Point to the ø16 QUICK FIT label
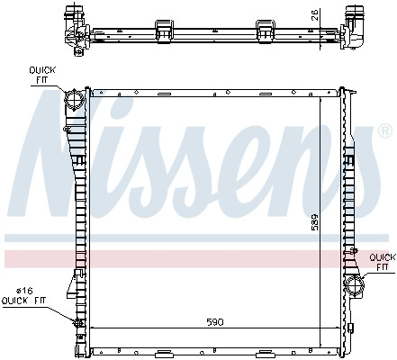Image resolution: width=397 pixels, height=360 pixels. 26,296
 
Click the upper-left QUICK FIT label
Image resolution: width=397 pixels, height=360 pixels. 41,73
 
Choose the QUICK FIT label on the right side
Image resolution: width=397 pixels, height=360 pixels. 382,261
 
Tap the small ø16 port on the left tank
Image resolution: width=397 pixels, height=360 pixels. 77,321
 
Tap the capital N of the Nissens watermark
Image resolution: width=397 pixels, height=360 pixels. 68,157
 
